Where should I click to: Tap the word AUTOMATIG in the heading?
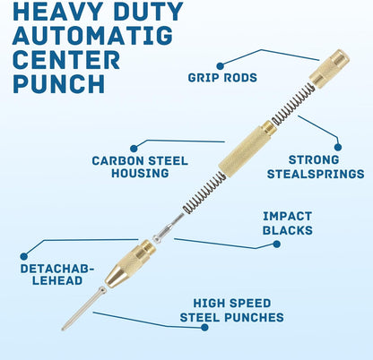(x=92, y=36)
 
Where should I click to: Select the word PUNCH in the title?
(x=59, y=83)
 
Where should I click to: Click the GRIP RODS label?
(x=222, y=78)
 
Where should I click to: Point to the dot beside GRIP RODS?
(x=220, y=66)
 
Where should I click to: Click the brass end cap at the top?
(x=329, y=69)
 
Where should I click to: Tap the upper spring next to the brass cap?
(x=293, y=104)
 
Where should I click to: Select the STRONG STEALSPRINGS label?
(x=316, y=167)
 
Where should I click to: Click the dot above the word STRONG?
(x=338, y=147)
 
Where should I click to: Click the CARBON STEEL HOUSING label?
(x=140, y=167)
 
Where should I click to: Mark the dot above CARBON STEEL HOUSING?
(x=134, y=148)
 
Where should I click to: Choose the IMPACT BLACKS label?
(x=288, y=223)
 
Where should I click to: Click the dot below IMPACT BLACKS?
(x=277, y=244)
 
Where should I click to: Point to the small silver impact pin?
(x=169, y=228)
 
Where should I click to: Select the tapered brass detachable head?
(x=130, y=263)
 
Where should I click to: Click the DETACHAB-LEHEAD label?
(x=56, y=275)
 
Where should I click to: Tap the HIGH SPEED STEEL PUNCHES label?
(x=232, y=310)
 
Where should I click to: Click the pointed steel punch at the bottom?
(x=83, y=308)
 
